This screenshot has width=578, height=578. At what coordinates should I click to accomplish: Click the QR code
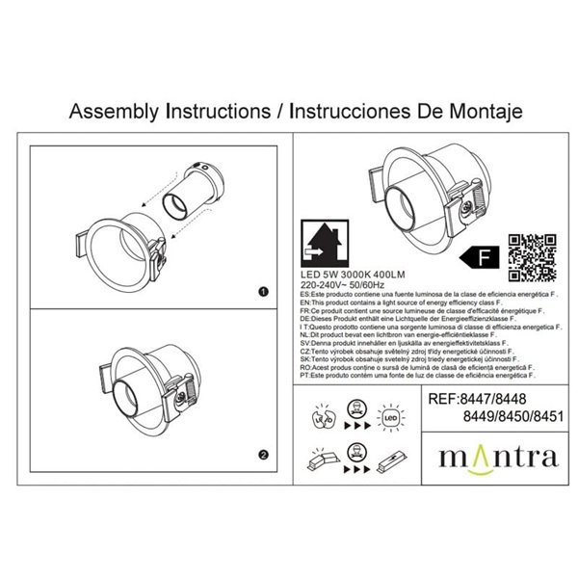(531, 256)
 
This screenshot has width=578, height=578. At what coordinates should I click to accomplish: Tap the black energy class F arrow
(479, 256)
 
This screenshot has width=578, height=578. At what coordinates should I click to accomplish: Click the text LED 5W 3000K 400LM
(342, 275)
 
